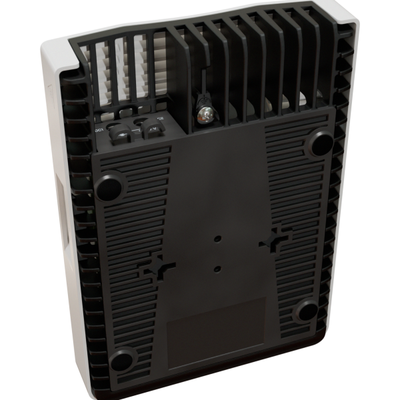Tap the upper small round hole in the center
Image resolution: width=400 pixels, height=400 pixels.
click(x=218, y=237)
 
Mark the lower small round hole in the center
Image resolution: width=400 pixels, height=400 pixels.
click(x=219, y=268)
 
